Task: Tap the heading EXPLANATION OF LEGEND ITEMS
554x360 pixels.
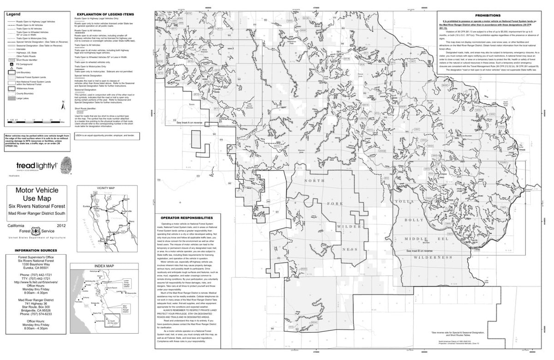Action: point(105,15)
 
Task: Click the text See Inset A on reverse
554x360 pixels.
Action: point(189,123)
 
